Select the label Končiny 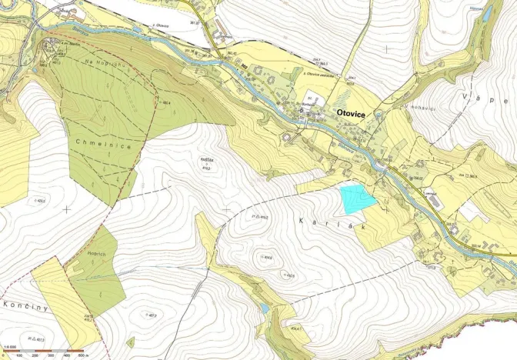pos(25,305)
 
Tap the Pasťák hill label pos(205,160)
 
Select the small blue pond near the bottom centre pos(265,307)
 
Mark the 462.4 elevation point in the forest pos(165,102)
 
